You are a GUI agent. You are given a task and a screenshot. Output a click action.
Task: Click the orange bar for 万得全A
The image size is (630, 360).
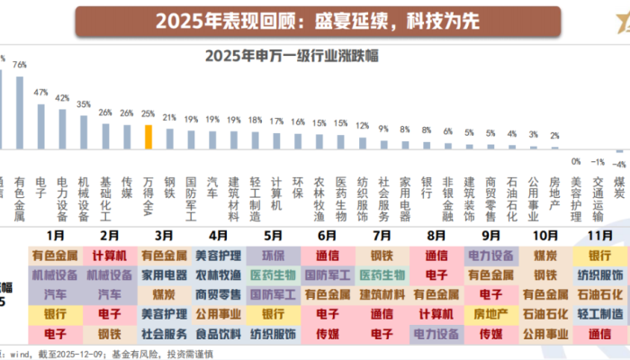tap(148, 137)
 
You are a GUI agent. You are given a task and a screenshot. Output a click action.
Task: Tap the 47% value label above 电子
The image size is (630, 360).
tap(40, 92)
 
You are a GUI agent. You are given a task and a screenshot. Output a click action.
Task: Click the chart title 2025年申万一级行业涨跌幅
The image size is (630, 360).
tap(291, 57)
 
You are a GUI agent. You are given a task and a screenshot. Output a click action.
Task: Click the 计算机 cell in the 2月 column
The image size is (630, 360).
tap(110, 255)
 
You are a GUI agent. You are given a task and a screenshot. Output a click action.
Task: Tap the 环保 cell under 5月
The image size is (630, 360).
tap(274, 255)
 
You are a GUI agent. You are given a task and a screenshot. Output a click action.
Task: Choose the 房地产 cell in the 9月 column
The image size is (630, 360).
tap(491, 313)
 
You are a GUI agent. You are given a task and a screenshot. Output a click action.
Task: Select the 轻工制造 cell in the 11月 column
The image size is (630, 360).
tap(600, 313)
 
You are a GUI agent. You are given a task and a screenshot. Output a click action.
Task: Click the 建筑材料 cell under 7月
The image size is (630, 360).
tap(382, 294)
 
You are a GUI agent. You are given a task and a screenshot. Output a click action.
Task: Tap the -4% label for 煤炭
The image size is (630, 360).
tap(618, 164)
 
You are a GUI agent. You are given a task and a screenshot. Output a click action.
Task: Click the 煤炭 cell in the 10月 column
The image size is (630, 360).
tap(546, 255)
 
